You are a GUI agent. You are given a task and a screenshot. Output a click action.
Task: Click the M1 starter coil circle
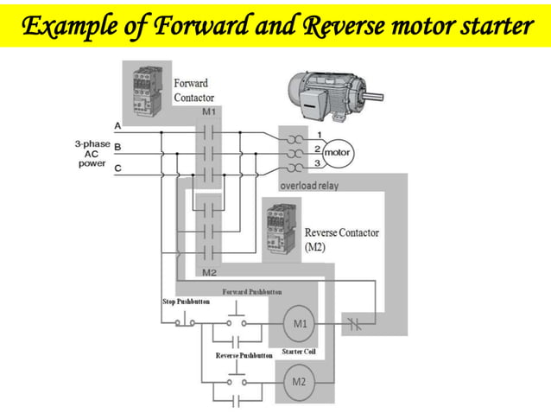(299, 325)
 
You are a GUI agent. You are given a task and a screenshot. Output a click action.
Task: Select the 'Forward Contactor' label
(194, 91)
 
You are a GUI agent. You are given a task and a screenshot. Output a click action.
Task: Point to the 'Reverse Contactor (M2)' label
(341, 239)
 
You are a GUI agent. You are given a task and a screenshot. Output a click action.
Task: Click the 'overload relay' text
(308, 186)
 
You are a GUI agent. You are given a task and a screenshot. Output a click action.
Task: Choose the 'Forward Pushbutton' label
(252, 292)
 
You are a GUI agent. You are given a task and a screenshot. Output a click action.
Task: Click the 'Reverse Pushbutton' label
(244, 355)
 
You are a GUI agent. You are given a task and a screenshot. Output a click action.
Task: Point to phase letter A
(117, 126)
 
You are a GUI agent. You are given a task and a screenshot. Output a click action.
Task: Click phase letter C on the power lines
(117, 168)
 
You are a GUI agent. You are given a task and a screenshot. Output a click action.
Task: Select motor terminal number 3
(317, 163)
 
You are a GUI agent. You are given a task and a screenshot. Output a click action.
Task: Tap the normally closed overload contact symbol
(356, 325)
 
